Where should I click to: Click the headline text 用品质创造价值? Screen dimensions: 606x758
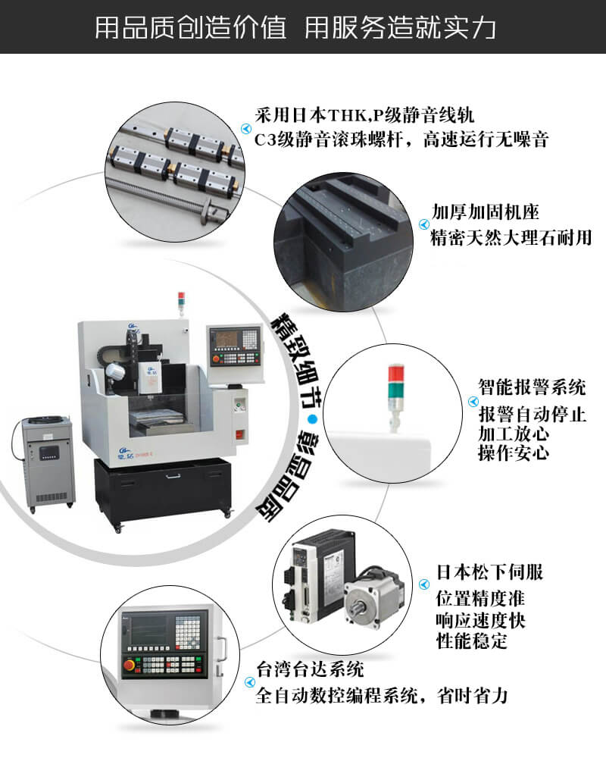190,27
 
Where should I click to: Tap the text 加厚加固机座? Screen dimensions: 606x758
486,211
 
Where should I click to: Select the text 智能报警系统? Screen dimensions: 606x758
532,387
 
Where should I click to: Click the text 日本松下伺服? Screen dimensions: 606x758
490,572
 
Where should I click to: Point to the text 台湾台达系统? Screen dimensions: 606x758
310,669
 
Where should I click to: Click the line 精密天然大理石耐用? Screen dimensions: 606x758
511,237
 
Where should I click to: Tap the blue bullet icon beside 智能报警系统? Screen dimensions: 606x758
473,401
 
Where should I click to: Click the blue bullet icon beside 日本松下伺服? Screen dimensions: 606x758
423,584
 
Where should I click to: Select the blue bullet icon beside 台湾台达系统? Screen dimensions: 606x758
249,682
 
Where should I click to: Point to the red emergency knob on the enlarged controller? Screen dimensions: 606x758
130,666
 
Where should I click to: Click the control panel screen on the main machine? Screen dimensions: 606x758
228,338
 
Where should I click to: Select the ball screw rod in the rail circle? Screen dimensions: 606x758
167,196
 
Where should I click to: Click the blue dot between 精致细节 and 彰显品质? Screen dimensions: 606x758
313,418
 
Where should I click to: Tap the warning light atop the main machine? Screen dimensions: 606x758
181,302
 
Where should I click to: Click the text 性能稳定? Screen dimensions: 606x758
472,641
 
